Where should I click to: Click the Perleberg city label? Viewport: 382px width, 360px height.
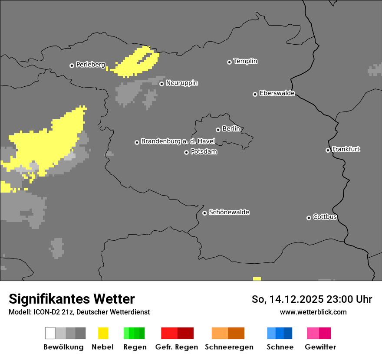[90, 65]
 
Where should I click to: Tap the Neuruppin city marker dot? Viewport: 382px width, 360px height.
[161, 84]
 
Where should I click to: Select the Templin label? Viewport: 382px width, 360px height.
[245, 61]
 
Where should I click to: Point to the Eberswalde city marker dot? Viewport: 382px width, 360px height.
[255, 94]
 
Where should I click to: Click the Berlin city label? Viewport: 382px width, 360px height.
[231, 129]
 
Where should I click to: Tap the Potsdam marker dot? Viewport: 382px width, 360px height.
[187, 152]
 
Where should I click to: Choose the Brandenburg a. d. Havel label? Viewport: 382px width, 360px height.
[178, 141]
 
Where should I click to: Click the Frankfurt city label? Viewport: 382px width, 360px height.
[346, 149]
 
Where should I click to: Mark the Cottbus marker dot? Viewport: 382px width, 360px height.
[309, 218]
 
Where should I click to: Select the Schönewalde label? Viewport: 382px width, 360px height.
[229, 212]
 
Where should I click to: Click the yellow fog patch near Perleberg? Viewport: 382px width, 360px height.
[135, 63]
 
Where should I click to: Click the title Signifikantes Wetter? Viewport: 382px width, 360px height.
[72, 299]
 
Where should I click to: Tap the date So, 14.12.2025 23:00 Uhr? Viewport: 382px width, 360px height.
[312, 299]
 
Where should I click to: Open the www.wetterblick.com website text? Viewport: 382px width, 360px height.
[313, 312]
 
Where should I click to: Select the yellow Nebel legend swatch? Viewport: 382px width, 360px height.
[103, 333]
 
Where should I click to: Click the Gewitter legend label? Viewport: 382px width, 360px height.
[320, 347]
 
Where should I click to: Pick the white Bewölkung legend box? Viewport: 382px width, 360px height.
[50, 333]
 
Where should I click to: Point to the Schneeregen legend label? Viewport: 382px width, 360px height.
[229, 347]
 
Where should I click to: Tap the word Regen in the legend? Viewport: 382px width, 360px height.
[135, 347]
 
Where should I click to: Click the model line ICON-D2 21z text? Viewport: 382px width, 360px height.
[79, 312]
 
